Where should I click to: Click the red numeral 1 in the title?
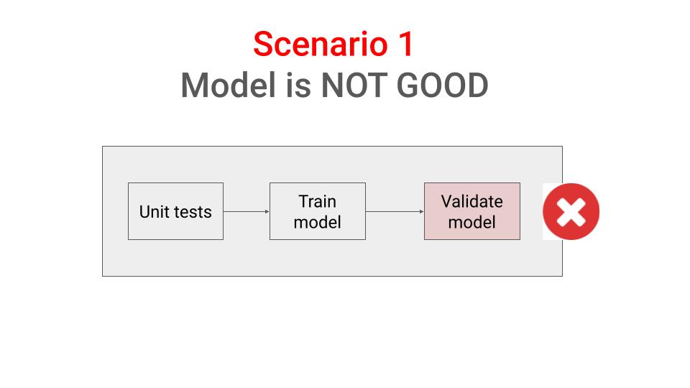(x=406, y=45)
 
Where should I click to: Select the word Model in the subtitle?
(x=225, y=86)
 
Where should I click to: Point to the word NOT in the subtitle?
(x=350, y=86)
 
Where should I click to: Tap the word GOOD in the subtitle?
(x=441, y=86)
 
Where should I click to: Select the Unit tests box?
(x=175, y=211)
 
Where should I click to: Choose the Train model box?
(x=317, y=211)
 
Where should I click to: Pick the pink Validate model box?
(x=471, y=211)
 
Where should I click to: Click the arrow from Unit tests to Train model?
(x=246, y=211)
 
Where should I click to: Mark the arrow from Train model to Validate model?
(x=394, y=211)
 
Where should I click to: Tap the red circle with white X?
(x=571, y=211)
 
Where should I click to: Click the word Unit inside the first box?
(x=152, y=212)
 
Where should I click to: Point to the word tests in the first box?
(x=190, y=212)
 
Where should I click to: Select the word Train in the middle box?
(x=317, y=201)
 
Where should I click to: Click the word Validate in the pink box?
(x=471, y=201)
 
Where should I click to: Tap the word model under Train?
(x=317, y=222)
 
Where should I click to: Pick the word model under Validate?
(x=471, y=222)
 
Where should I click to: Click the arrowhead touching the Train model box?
(x=267, y=211)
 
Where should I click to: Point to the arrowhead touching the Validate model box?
(x=421, y=211)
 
